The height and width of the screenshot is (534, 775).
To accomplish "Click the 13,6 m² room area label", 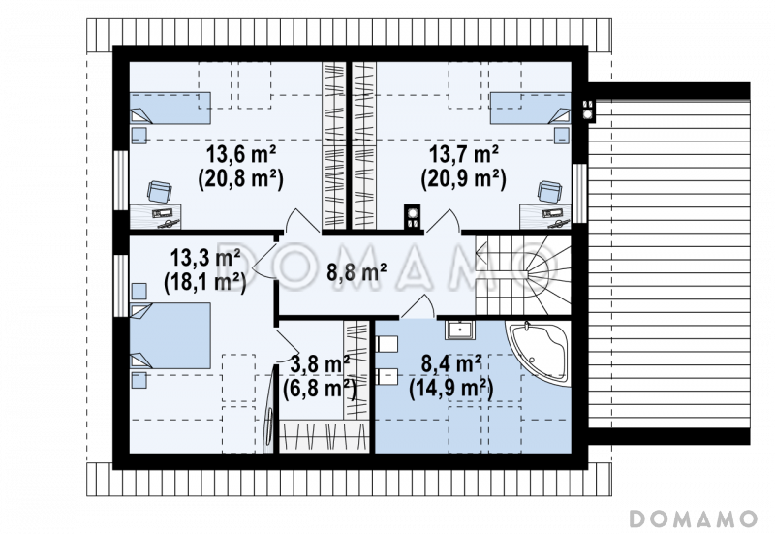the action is (240, 155).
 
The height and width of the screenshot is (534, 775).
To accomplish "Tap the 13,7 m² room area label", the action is (463, 155).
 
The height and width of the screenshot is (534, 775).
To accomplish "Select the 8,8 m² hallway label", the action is (356, 271).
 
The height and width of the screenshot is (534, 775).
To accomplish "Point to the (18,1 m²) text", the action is (205, 283).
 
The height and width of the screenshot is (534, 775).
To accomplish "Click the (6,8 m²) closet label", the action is (320, 390).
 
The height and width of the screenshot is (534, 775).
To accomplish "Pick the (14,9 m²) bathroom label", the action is (451, 390).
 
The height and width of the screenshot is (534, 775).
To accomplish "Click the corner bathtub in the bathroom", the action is (539, 353).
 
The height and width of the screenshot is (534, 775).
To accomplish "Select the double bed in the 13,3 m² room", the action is (170, 335).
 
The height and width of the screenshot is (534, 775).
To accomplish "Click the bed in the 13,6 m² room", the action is (170, 108).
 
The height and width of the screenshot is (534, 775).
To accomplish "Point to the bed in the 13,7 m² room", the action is (530, 108).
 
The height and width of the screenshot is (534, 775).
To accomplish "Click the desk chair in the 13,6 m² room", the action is (160, 191).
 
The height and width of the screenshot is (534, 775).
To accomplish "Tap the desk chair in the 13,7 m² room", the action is (550, 191).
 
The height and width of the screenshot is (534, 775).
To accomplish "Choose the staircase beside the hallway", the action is (523, 274).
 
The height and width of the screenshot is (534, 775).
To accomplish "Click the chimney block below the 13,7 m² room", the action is (413, 217).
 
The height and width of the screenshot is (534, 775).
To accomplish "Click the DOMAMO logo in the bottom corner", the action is (693, 518).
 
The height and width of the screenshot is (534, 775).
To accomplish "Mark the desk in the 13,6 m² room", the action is (155, 216).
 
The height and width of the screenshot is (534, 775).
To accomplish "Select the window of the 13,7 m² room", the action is (579, 193).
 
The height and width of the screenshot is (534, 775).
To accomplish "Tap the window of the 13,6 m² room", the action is (121, 179).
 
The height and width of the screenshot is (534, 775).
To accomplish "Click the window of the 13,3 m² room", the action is (121, 285).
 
